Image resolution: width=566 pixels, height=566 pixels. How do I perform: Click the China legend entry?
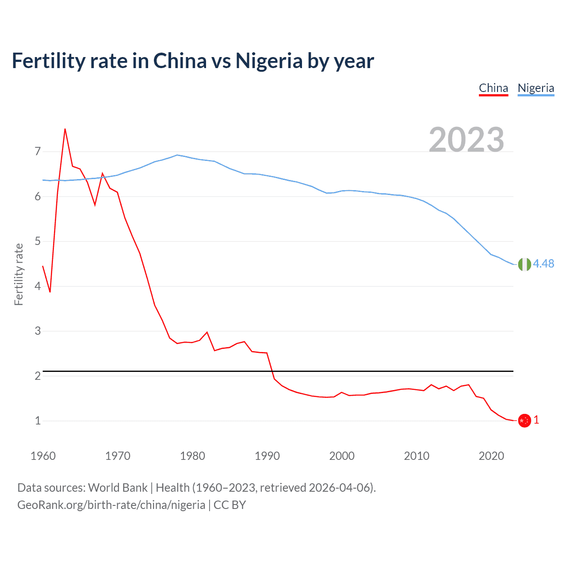493,88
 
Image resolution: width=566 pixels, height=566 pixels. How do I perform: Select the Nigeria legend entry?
535,88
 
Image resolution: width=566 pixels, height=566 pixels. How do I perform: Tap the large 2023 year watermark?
466,140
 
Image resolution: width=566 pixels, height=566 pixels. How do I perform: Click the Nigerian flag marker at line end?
524,264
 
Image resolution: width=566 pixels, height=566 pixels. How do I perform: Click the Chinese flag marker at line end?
524,421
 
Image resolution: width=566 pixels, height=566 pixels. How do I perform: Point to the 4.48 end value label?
543,264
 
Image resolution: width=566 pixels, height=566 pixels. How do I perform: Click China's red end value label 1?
536,420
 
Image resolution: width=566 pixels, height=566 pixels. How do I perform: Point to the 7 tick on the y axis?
38,152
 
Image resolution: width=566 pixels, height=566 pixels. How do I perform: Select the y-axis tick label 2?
38,376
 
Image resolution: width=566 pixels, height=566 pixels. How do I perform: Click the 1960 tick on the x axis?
43,456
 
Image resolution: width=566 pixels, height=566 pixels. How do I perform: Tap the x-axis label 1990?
267,456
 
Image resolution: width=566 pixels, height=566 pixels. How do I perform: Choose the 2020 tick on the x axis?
491,456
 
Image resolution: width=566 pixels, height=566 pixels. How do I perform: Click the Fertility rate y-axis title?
19,274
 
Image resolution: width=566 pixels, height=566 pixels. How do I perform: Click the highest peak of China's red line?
65,129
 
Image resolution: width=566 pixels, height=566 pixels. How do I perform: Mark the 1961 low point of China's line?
50,292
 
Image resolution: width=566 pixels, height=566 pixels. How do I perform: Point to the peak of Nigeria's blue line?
177,155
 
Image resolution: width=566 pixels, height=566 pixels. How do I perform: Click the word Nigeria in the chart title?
269,61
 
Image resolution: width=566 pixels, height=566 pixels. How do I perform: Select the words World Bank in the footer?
118,488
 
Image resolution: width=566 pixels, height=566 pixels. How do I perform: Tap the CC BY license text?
229,505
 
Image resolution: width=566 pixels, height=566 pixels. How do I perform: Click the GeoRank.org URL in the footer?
111,505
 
